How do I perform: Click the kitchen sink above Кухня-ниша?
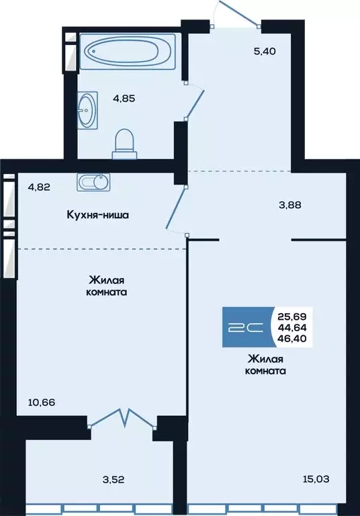(x=92, y=182)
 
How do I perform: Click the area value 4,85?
(x=124, y=97)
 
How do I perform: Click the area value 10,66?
(x=42, y=402)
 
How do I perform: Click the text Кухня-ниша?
(x=97, y=216)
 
